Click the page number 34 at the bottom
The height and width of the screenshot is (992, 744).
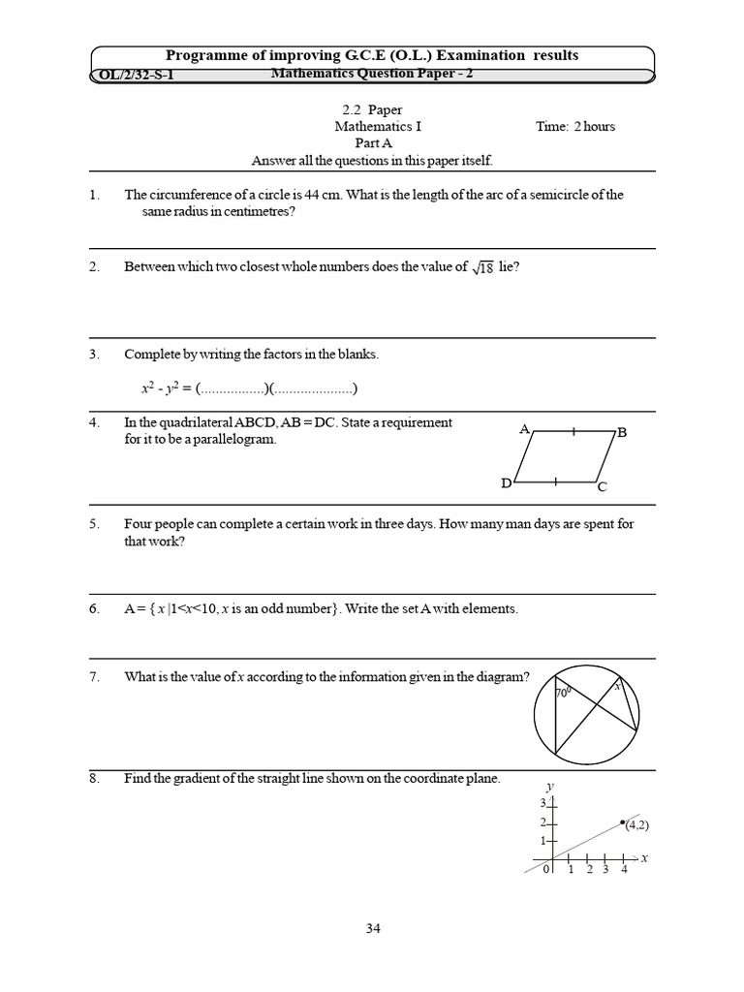373,928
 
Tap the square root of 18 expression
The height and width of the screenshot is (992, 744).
481,268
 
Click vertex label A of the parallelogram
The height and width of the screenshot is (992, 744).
524,428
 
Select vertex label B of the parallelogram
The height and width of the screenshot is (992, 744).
622,434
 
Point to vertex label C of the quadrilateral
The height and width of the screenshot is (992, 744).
602,487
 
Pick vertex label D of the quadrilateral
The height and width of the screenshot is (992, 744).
506,483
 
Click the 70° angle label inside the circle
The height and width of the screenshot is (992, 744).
562,694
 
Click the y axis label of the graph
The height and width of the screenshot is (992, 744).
549,786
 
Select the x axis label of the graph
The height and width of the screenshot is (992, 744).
644,858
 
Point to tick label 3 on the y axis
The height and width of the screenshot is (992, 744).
543,803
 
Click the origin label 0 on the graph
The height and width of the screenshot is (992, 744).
546,870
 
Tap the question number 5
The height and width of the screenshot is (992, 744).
94,524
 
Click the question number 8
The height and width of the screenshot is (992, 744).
94,778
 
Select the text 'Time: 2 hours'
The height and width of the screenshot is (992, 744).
575,126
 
